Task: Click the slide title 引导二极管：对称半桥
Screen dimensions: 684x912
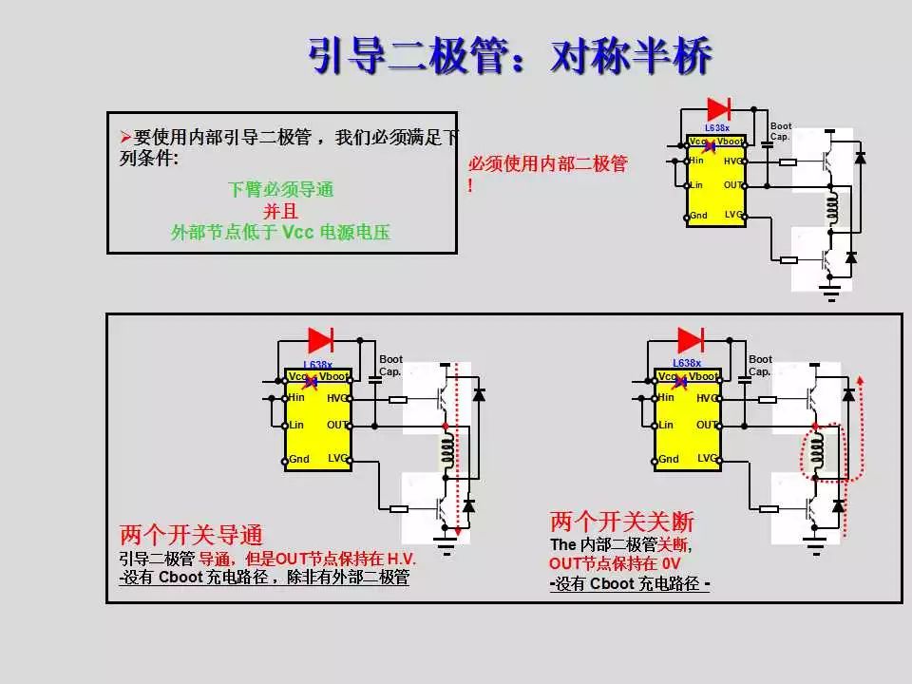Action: [x=510, y=57]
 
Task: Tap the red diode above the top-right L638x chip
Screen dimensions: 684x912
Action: [x=718, y=108]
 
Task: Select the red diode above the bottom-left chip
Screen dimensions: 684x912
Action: [x=320, y=340]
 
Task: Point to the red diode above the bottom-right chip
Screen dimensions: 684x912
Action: [x=690, y=340]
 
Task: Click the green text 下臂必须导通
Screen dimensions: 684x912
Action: [x=281, y=189]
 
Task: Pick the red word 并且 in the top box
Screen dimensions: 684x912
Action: [x=281, y=210]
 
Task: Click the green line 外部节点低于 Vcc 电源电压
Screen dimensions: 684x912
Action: [x=281, y=232]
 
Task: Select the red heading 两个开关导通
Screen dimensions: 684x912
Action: [x=191, y=534]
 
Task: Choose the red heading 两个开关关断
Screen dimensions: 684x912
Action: [x=622, y=522]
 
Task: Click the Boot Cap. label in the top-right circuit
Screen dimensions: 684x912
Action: [x=781, y=131]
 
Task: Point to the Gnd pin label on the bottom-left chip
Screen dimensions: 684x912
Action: [x=299, y=459]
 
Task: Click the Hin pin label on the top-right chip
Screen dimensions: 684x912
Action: [x=696, y=160]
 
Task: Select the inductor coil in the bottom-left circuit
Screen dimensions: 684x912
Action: [x=446, y=453]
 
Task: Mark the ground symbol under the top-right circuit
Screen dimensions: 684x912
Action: [x=832, y=290]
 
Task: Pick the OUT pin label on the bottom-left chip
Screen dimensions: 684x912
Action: [x=337, y=425]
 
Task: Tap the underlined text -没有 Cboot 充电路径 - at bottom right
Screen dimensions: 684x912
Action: [x=630, y=584]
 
